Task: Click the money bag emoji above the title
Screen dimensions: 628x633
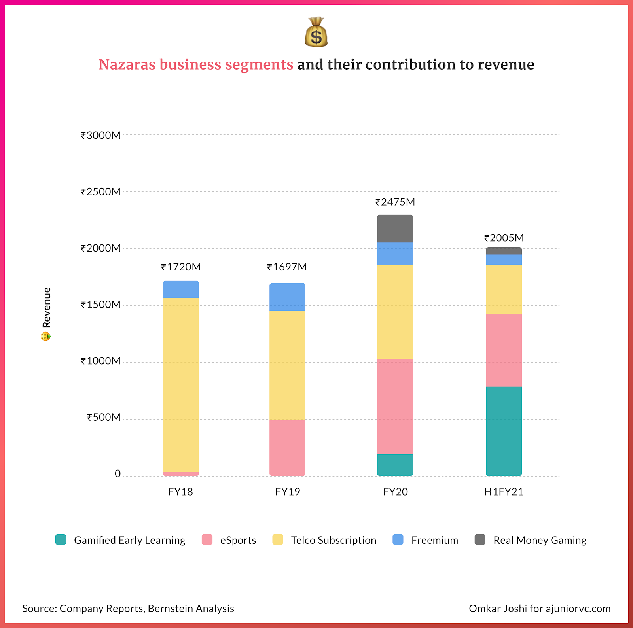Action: tap(316, 32)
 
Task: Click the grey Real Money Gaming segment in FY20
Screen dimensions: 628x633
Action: tap(395, 229)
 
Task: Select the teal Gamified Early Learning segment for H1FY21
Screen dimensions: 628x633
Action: tap(504, 431)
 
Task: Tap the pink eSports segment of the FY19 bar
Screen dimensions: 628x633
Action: tap(287, 448)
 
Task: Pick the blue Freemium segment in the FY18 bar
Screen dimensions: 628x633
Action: tap(181, 289)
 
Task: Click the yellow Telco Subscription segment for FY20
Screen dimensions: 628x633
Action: tap(395, 312)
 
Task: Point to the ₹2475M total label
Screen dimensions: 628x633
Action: tap(395, 202)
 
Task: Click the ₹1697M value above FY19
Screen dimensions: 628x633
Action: tap(287, 267)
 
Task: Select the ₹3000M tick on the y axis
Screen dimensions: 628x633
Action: tap(100, 136)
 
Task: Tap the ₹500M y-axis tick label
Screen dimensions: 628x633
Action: tap(104, 418)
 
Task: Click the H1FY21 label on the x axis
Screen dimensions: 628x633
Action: tap(504, 492)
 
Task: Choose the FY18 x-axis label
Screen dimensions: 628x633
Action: tap(180, 492)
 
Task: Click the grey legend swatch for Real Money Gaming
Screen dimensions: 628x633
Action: tap(480, 539)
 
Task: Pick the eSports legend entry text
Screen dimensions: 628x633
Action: tap(238, 540)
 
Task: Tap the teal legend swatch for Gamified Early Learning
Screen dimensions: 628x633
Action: tap(61, 539)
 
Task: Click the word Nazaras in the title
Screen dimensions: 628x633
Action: tap(127, 64)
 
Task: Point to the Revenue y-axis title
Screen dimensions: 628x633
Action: tap(47, 308)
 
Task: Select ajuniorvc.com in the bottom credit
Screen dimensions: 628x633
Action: tap(578, 608)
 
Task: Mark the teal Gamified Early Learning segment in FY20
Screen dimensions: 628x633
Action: tap(395, 465)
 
